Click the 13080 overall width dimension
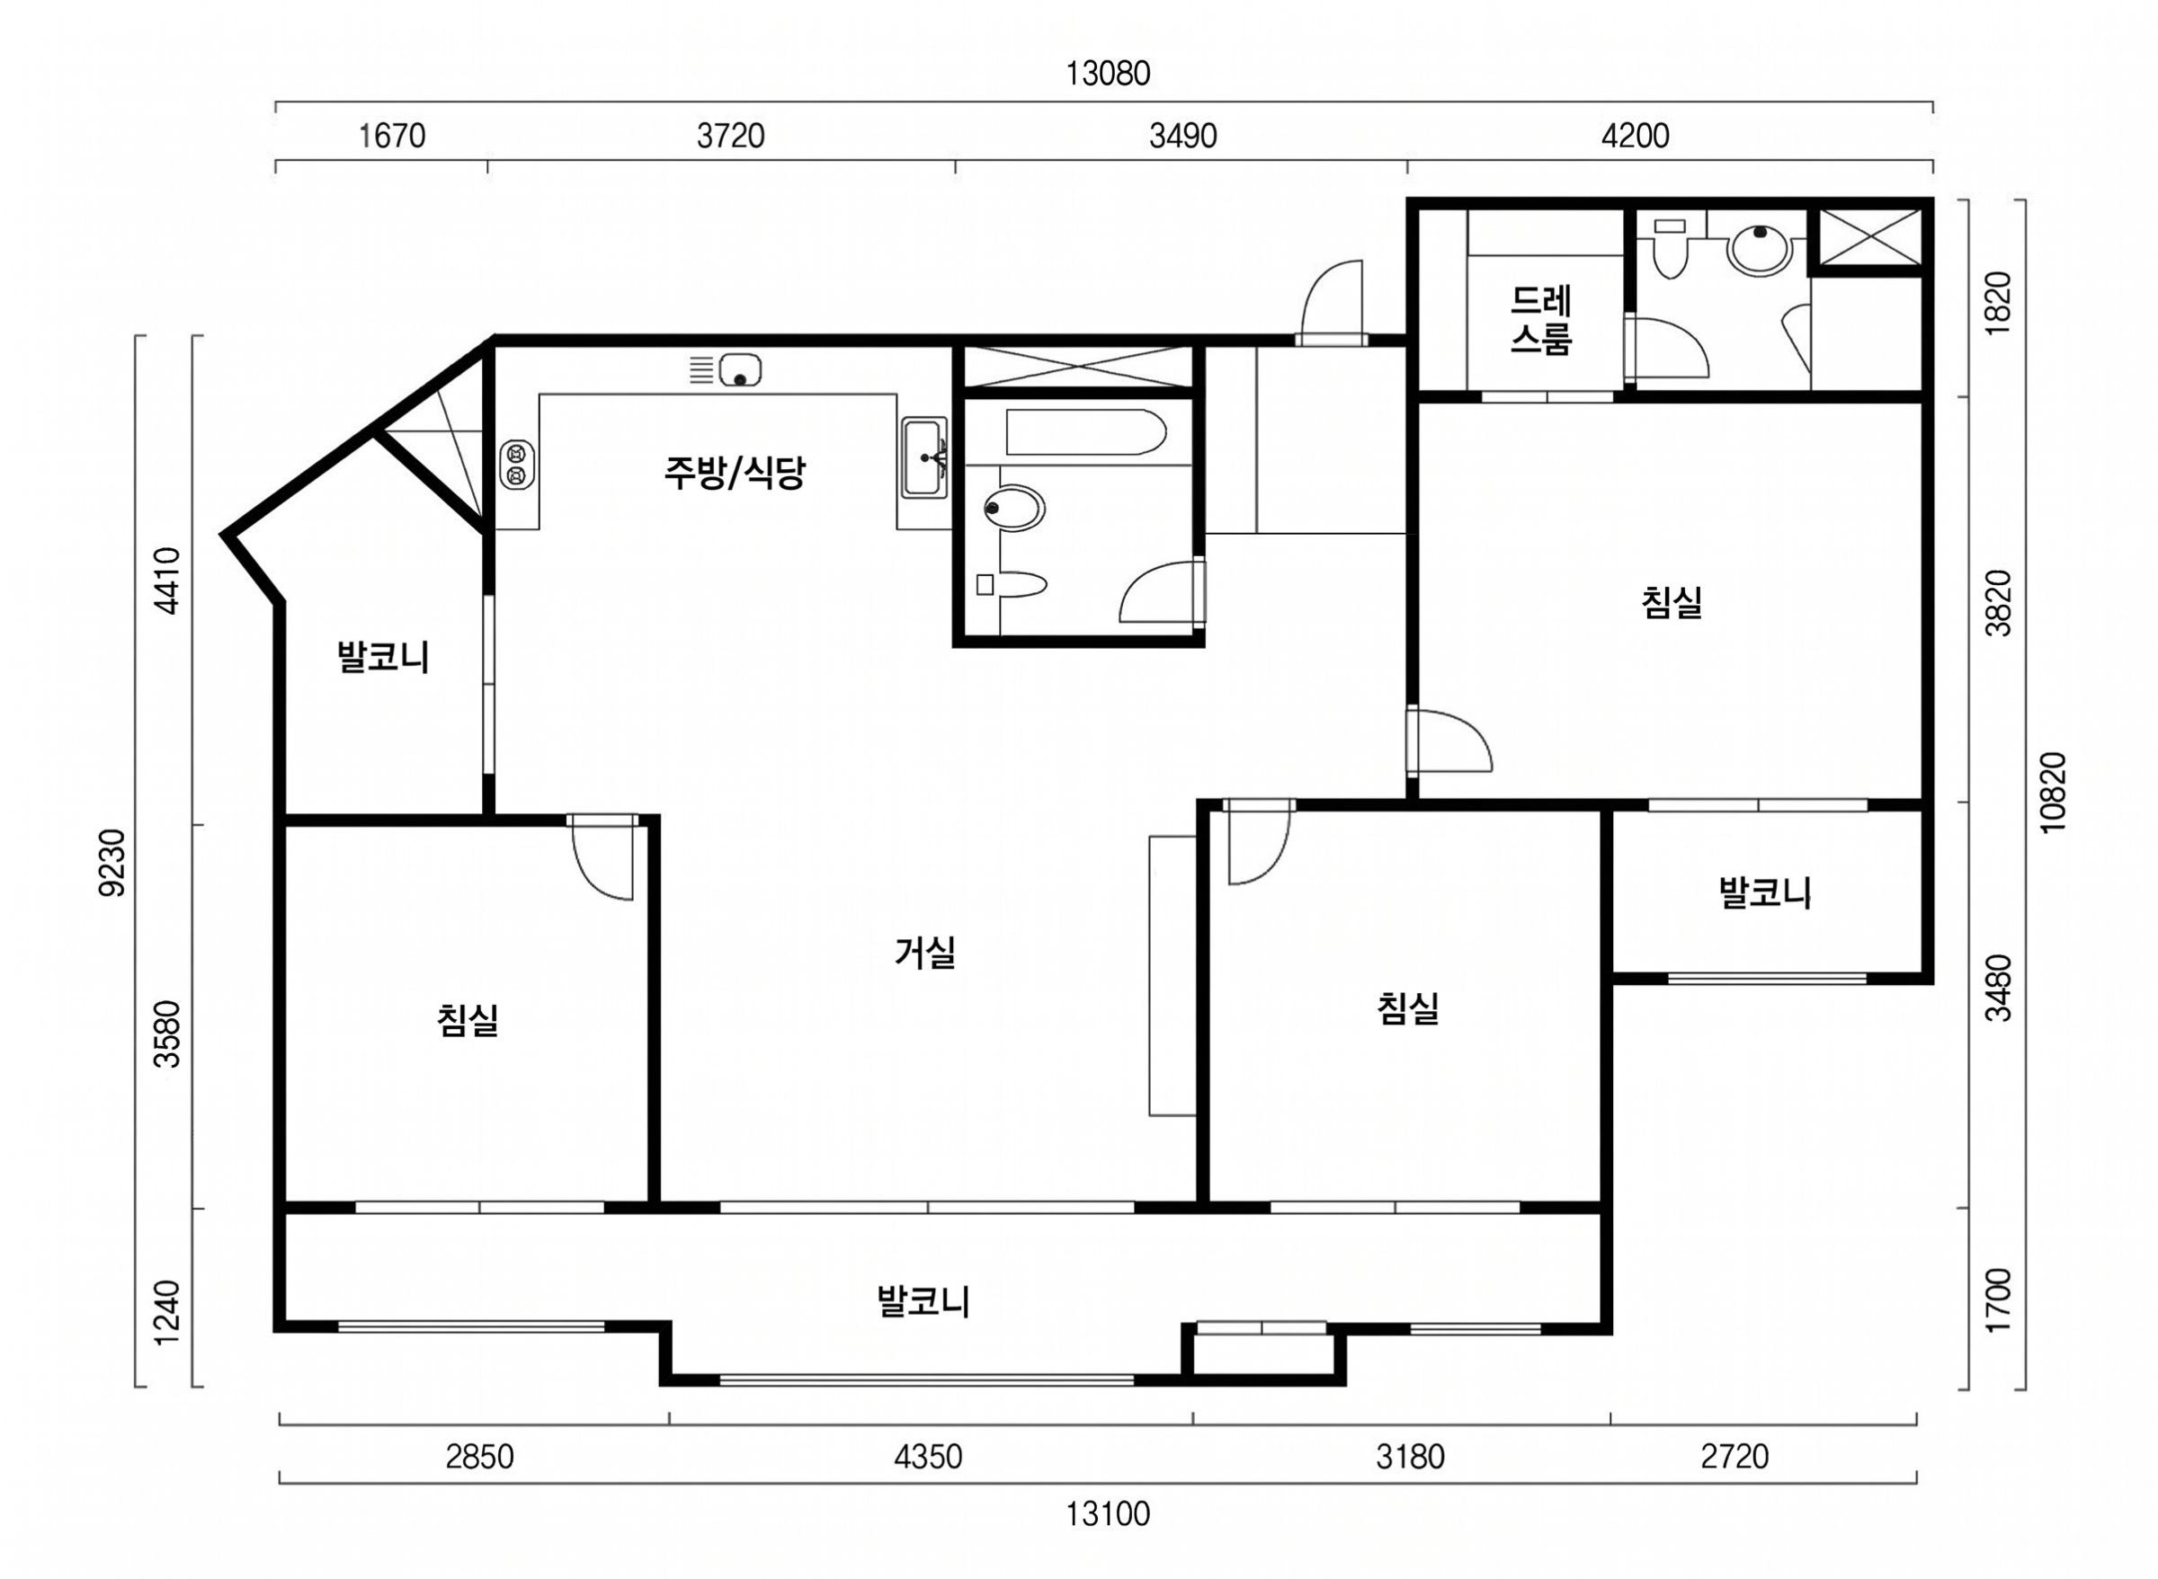click(x=1107, y=74)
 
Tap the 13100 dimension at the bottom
click(x=1107, y=1514)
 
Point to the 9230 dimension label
click(x=111, y=862)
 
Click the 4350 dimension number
click(x=927, y=1457)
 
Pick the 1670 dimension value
click(x=391, y=137)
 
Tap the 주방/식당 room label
click(x=735, y=472)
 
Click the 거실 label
click(x=924, y=953)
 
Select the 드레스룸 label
click(x=1540, y=320)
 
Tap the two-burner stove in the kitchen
click(x=517, y=464)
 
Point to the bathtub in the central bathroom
click(x=1085, y=432)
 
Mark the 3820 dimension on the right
click(x=1997, y=602)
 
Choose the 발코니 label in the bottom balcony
click(x=923, y=1301)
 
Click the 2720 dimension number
click(x=1735, y=1457)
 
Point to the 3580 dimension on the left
click(x=166, y=1033)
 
